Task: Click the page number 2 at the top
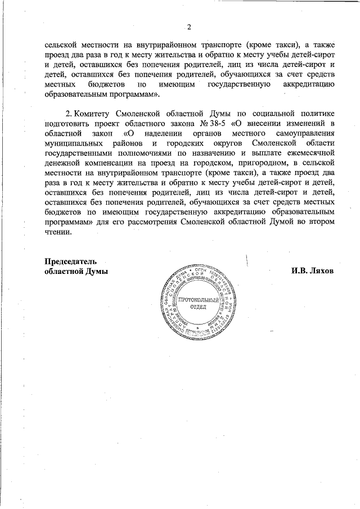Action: (x=189, y=26)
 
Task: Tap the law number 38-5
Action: (x=216, y=124)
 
